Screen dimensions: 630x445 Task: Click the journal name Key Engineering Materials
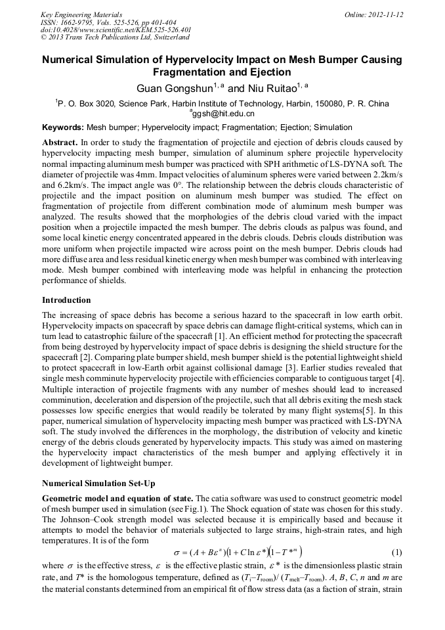(x=81, y=14)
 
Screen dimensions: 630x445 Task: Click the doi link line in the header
(x=116, y=30)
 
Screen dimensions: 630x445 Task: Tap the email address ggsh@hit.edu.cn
(x=223, y=114)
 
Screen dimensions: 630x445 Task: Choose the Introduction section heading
(x=66, y=300)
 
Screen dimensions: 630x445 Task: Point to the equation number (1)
(x=396, y=551)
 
